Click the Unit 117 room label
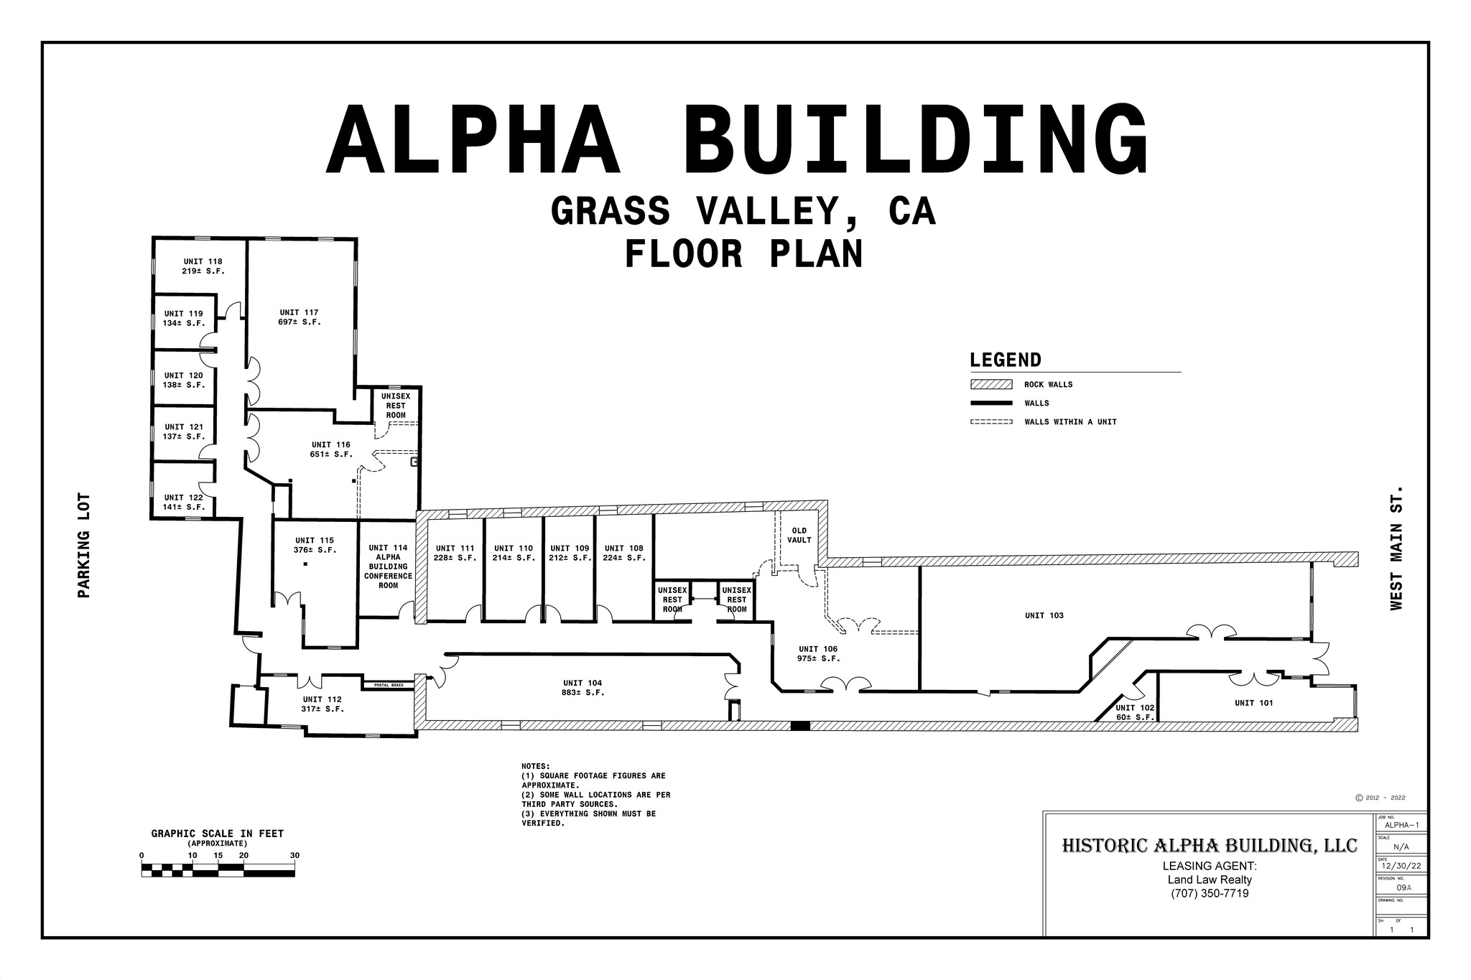click(x=300, y=317)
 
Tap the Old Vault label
click(x=799, y=536)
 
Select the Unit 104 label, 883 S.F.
click(x=583, y=688)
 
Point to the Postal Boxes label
click(x=389, y=686)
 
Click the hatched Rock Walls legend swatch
click(x=991, y=385)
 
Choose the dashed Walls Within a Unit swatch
click(x=991, y=422)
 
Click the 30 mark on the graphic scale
click(x=294, y=856)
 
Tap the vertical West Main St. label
click(x=1396, y=548)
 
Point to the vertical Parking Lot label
click(x=84, y=546)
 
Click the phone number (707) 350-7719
click(x=1210, y=894)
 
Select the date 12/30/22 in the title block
click(x=1401, y=867)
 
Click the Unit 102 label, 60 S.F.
click(x=1135, y=713)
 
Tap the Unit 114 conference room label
click(x=389, y=566)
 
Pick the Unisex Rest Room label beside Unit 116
click(x=396, y=406)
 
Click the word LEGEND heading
click(x=1005, y=360)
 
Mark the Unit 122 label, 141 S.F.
click(x=184, y=502)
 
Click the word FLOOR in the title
click(x=683, y=255)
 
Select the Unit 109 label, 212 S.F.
click(x=570, y=553)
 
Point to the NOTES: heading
click(x=535, y=766)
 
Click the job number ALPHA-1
click(x=1401, y=826)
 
